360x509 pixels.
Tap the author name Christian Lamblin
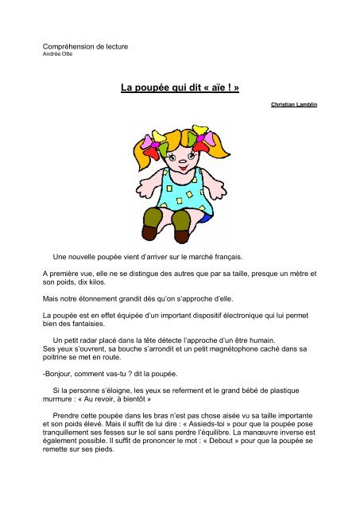[295, 103]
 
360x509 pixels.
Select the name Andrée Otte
[57, 55]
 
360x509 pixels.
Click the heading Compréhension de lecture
[85, 47]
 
